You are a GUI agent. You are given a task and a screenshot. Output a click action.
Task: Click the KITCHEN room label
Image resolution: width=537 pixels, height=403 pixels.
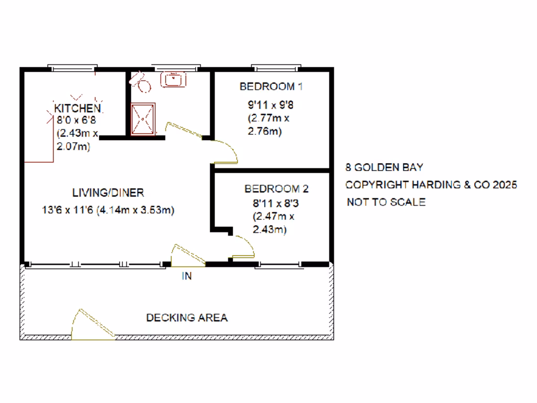pyautogui.click(x=78, y=108)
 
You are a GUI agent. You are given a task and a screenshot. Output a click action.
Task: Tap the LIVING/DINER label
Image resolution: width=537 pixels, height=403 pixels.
pyautogui.click(x=108, y=193)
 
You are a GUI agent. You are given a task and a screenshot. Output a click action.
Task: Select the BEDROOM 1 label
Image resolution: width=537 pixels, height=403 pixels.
pyautogui.click(x=271, y=87)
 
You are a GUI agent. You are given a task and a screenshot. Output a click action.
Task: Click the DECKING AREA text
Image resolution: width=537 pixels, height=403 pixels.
pyautogui.click(x=187, y=317)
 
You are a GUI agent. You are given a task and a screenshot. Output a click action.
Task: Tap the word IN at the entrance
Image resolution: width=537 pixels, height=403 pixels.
pyautogui.click(x=187, y=277)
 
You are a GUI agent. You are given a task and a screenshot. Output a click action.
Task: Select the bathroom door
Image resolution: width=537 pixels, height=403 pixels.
pyautogui.click(x=184, y=131)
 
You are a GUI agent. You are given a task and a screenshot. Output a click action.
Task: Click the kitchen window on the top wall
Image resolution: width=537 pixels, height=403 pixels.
pyautogui.click(x=72, y=67)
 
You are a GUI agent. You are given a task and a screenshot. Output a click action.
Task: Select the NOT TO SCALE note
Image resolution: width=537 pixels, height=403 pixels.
pyautogui.click(x=386, y=202)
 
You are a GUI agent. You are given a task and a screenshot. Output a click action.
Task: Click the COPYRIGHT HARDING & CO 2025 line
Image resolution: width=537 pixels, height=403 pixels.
pyautogui.click(x=431, y=185)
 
